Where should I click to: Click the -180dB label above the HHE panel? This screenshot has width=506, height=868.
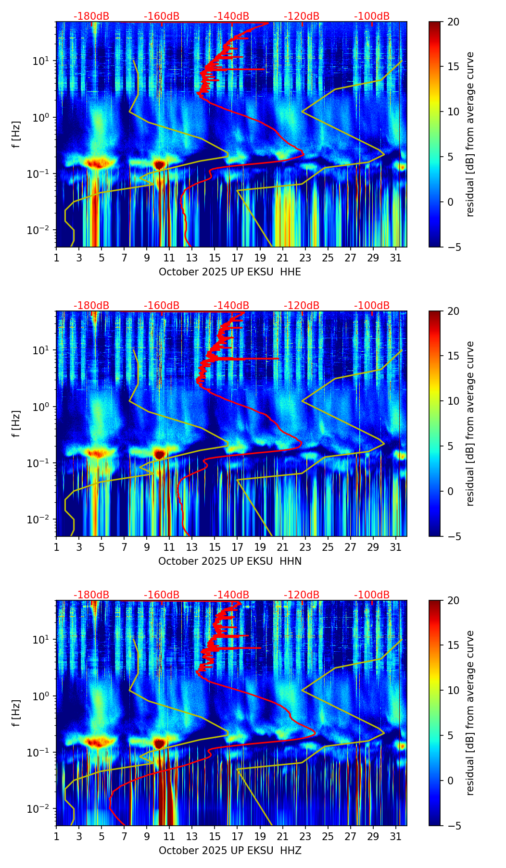click(x=91, y=16)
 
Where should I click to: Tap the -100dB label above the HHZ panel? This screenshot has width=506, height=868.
click(x=372, y=595)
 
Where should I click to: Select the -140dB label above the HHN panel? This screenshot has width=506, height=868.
click(x=231, y=306)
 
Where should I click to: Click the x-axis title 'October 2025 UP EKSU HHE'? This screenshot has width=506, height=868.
click(x=230, y=272)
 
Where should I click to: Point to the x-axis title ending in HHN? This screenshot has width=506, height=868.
click(x=230, y=561)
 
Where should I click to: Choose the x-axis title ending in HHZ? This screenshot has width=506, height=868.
click(x=230, y=851)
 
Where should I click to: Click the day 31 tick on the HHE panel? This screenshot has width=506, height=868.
click(x=396, y=258)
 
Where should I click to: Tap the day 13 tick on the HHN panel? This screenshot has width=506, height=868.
click(x=192, y=547)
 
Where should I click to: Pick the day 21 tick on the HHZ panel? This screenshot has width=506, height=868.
click(x=283, y=837)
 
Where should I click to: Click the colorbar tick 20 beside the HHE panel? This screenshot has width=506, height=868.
click(x=453, y=22)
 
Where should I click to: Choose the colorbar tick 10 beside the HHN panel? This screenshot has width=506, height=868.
click(x=453, y=401)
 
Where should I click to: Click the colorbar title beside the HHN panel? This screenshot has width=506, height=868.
click(x=470, y=423)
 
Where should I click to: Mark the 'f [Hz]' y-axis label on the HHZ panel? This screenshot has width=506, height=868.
click(x=16, y=713)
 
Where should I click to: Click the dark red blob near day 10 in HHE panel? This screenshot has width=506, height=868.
click(x=160, y=165)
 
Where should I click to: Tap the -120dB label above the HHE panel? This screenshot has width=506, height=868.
click(x=302, y=16)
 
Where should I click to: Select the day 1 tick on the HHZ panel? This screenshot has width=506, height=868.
click(x=56, y=837)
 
